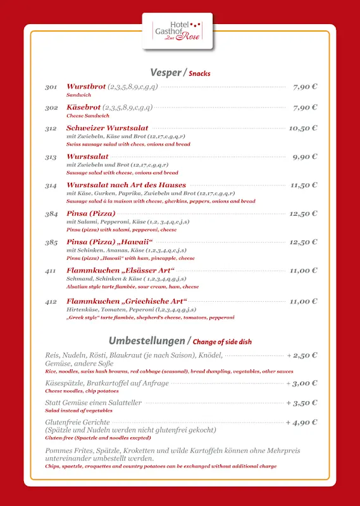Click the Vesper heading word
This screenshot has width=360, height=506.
tap(164, 72)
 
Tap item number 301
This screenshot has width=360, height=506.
tap(51, 87)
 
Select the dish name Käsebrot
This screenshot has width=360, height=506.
tap(83, 108)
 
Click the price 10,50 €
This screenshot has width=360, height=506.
tap(303, 128)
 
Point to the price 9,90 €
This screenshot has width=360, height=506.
tap(305, 157)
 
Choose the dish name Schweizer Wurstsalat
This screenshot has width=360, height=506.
tap(108, 128)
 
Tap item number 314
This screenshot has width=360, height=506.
tap(51, 185)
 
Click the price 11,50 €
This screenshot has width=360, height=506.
tap(304, 185)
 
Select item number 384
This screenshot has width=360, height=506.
tap(51, 214)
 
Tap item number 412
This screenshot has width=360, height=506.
tap(51, 302)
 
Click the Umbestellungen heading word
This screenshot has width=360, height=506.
tap(146, 341)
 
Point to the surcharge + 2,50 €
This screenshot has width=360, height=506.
tap(302, 355)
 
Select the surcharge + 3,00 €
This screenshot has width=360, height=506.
tap(302, 383)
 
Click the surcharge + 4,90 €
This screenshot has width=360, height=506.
tap(302, 423)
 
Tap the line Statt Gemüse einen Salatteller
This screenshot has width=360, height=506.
tap(93, 403)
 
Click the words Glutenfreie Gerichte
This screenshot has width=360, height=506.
tap(77, 423)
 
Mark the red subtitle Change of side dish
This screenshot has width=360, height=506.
tap(222, 342)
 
